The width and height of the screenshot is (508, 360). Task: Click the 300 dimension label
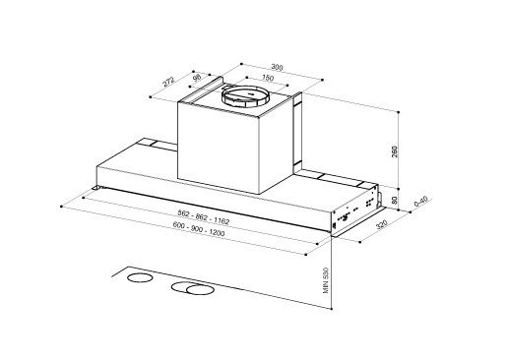277,67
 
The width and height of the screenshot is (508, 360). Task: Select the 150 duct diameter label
268,78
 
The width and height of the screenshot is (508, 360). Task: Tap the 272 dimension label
169,82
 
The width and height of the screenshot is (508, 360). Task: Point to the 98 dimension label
197,78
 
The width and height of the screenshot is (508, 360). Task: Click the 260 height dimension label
395,151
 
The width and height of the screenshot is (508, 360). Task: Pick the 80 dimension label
395,200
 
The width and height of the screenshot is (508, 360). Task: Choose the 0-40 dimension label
420,201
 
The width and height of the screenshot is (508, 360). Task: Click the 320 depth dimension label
382,225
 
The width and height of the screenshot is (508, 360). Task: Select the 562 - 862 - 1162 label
203,217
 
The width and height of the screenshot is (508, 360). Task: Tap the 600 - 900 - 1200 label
199,228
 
